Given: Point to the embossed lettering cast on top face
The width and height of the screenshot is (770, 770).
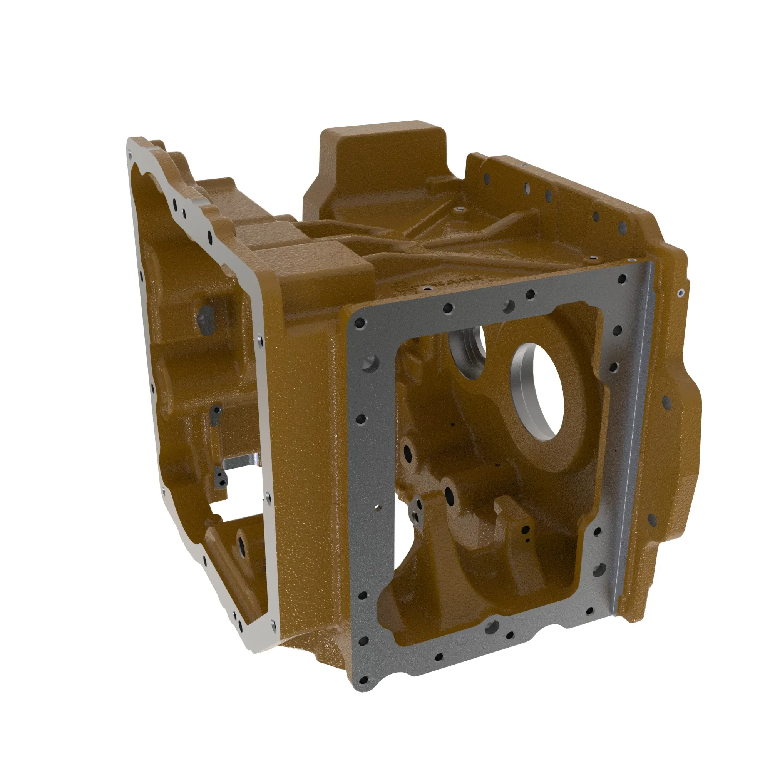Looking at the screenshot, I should point(439,284).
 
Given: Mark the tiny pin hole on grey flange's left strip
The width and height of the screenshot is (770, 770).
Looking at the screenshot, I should point(378,508).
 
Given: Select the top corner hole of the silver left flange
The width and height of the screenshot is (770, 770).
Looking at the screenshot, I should point(130,152).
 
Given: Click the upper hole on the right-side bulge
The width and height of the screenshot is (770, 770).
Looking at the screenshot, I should point(667,403).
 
